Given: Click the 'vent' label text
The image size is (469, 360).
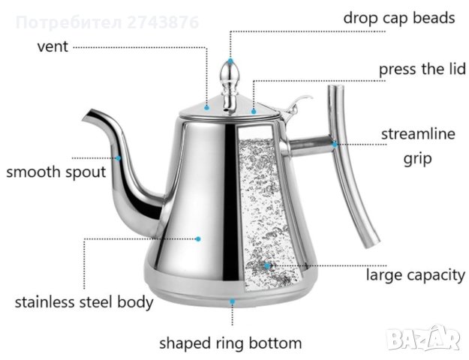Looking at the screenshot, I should click(x=53, y=46).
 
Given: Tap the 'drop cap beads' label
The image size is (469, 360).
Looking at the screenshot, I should click(x=399, y=17).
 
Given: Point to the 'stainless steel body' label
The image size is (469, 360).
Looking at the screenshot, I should click(x=84, y=303).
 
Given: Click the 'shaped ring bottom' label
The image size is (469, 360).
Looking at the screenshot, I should click(x=230, y=343).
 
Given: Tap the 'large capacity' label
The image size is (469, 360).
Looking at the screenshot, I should click(x=415, y=274).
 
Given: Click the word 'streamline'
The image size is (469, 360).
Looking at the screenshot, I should click(x=419, y=135).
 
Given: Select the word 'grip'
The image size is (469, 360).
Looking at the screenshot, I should click(x=419, y=159).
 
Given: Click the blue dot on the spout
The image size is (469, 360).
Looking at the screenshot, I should click(x=118, y=157).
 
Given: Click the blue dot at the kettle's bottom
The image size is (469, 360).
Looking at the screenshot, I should click(x=232, y=301).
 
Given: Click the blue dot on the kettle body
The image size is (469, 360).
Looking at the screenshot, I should click(x=199, y=238).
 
